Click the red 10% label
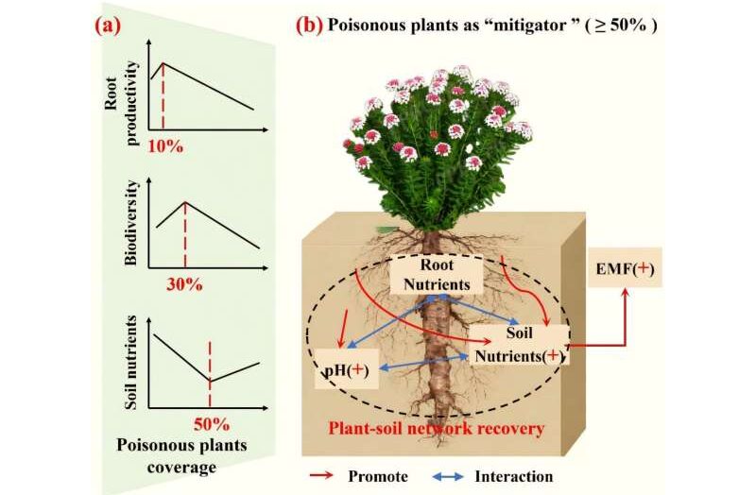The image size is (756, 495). [x=165, y=146]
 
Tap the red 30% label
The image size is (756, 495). [x=184, y=285]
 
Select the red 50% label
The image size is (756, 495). [x=212, y=425]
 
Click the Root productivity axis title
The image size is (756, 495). [x=121, y=103]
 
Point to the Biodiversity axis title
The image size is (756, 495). [x=130, y=222]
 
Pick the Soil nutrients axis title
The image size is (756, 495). [x=130, y=363]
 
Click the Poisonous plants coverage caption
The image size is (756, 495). [x=181, y=456]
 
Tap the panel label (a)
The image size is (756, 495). [x=108, y=26]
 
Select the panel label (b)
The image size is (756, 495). [x=309, y=25]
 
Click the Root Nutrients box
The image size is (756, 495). [x=437, y=274]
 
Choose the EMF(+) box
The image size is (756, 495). [x=626, y=268]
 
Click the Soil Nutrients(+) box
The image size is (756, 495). [x=519, y=345]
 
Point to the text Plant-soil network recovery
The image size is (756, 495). [x=437, y=428]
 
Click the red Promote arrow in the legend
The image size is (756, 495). [x=321, y=476]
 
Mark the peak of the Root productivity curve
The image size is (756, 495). [x=163, y=63]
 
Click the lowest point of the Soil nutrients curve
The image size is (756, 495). [x=210, y=381]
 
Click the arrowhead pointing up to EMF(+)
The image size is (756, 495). [x=626, y=293]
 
